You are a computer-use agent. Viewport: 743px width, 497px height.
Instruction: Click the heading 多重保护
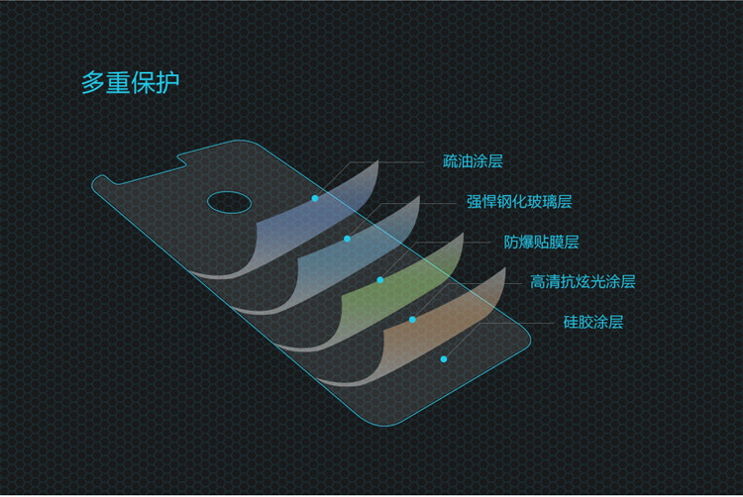click(x=130, y=82)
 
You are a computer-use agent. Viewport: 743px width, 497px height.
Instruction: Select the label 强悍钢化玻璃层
click(x=519, y=202)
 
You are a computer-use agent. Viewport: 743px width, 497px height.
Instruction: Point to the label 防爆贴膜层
click(x=541, y=242)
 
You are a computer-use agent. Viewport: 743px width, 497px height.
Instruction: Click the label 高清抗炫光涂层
click(x=583, y=282)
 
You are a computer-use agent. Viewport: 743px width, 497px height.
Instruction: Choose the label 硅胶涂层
click(x=592, y=322)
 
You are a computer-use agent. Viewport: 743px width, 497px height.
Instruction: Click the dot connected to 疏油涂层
click(x=315, y=198)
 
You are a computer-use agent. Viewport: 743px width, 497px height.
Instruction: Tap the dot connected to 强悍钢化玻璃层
click(x=347, y=239)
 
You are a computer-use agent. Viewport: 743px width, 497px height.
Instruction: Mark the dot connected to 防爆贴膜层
click(x=379, y=279)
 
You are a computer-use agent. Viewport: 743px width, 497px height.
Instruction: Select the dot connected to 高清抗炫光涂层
click(x=412, y=319)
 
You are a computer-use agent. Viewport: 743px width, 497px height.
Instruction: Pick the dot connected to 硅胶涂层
click(x=444, y=358)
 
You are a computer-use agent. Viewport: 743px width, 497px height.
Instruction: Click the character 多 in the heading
click(x=93, y=82)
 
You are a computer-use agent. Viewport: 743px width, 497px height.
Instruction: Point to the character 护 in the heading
click(x=167, y=82)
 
